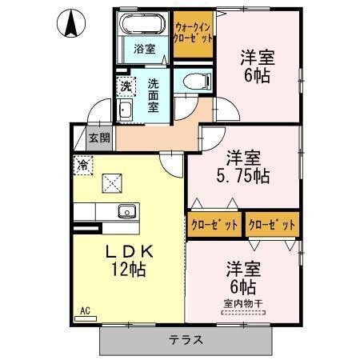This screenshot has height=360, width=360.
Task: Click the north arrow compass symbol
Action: point(70,25)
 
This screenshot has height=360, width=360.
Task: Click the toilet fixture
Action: point(196,81)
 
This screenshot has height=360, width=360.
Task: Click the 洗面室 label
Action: point(155,93)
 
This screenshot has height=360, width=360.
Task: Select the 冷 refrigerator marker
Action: point(82,166)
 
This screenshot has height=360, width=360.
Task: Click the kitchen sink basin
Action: point(126,212)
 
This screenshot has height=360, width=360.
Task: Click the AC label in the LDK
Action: point(83,310)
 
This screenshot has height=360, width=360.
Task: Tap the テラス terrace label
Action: point(185,339)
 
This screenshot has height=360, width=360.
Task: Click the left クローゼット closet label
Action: point(214,225)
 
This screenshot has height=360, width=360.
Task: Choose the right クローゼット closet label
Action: point(272,225)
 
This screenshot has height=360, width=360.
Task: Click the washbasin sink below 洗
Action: point(125,110)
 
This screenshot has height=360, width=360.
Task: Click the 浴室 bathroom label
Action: point(144,48)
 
